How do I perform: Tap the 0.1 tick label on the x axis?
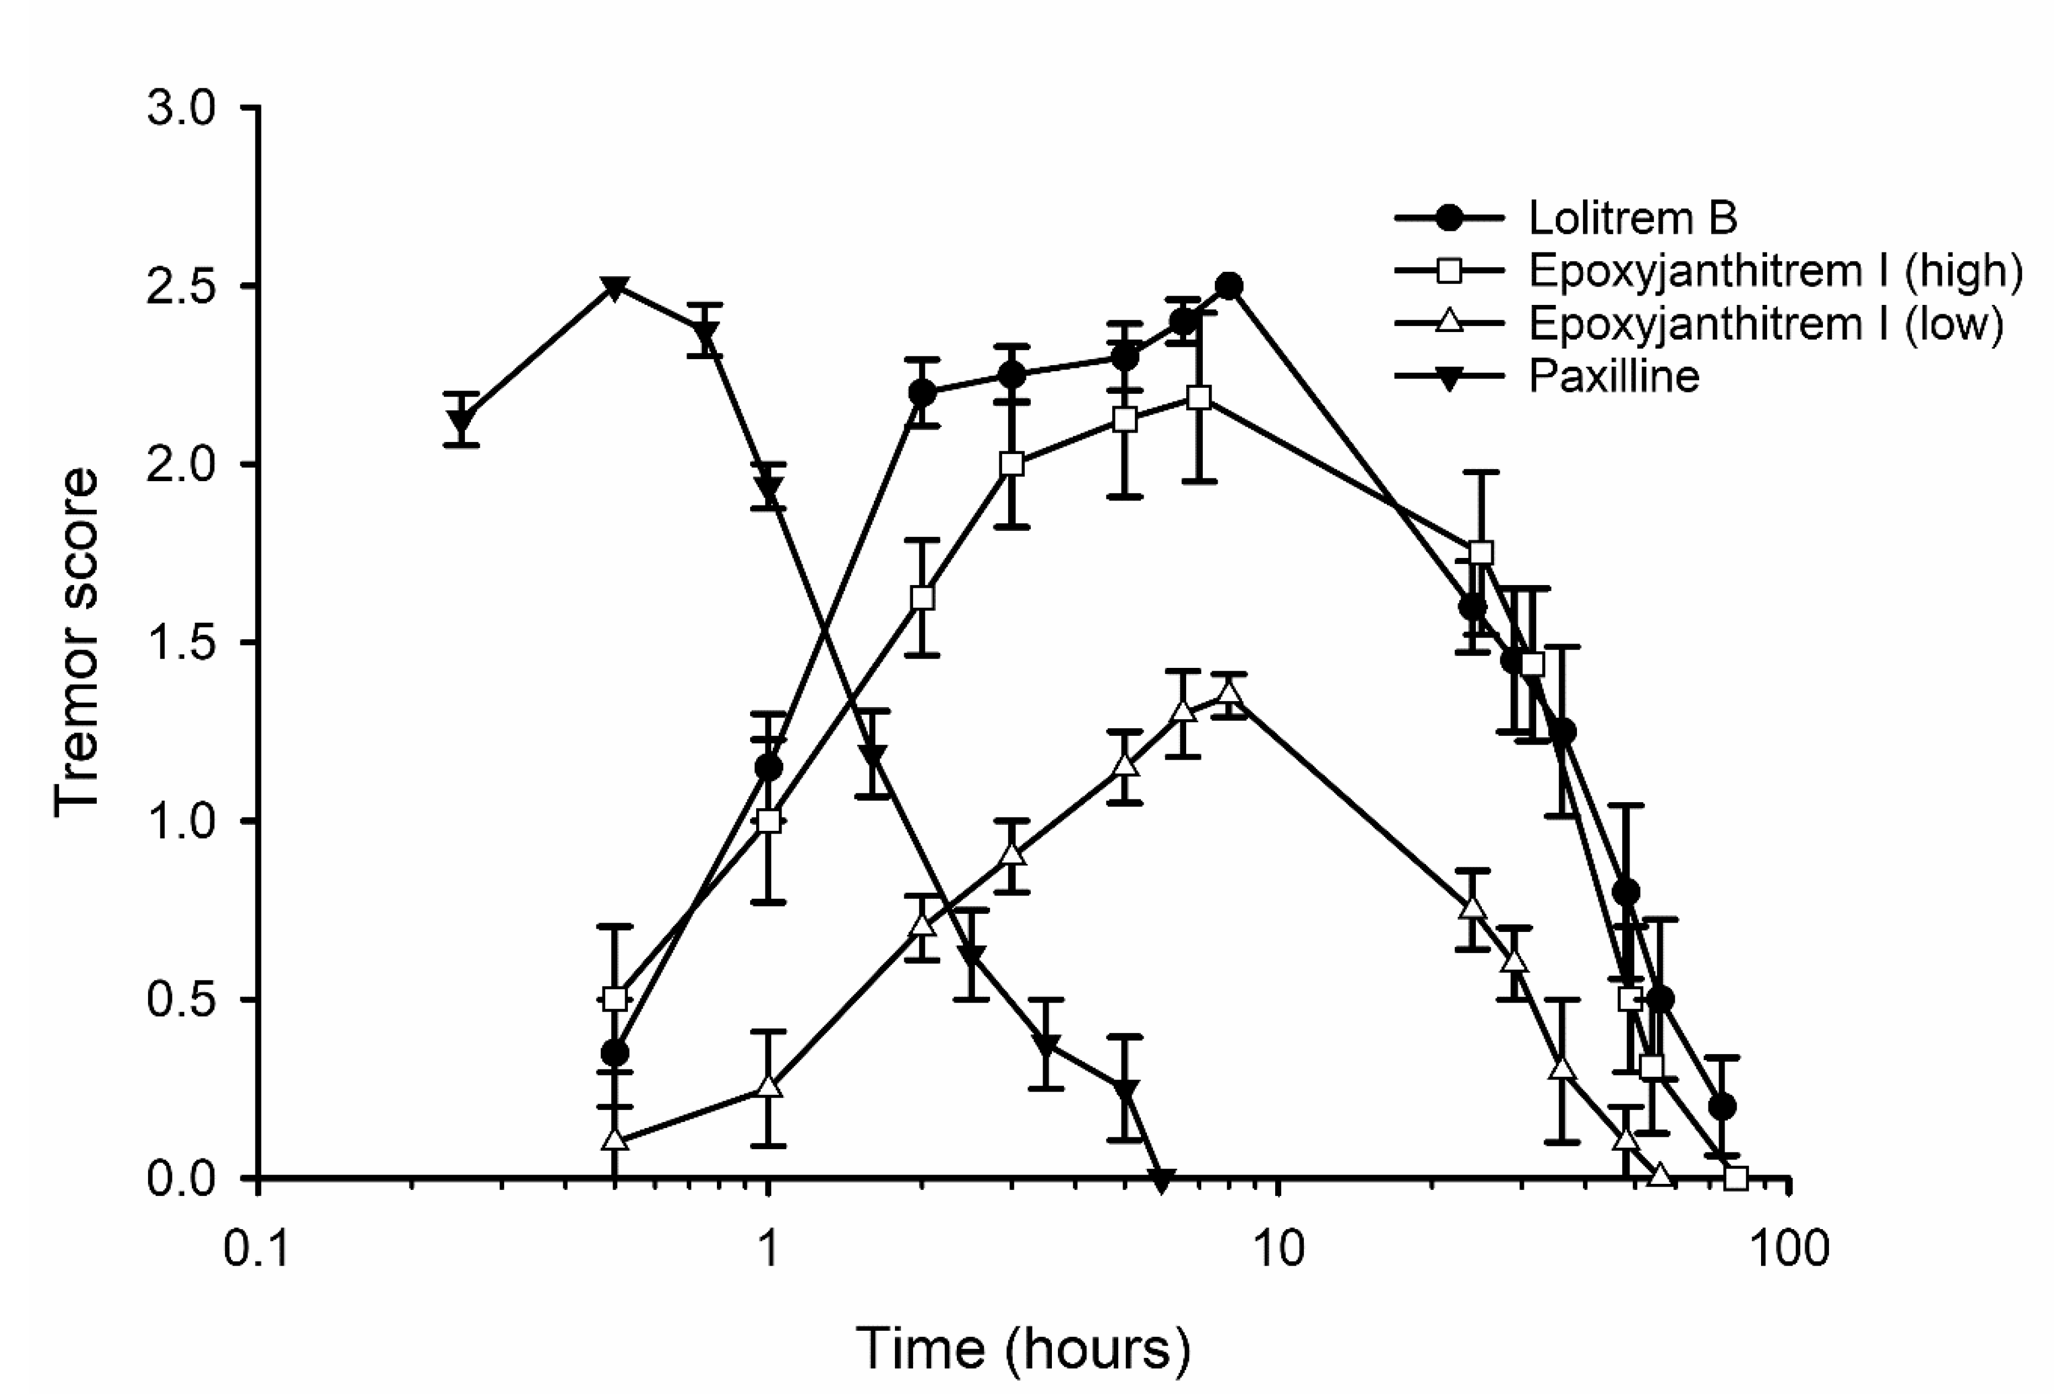(257, 1251)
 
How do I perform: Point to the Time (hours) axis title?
(1024, 1348)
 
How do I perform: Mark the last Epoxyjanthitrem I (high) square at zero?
(1736, 1178)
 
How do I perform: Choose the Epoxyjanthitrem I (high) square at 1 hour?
(769, 821)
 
